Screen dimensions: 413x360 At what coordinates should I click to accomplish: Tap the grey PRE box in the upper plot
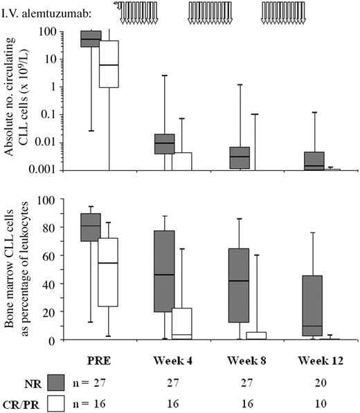91,39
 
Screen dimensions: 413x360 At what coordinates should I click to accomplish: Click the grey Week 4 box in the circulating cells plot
164,144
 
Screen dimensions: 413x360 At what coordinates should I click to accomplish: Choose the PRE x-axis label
99,360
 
